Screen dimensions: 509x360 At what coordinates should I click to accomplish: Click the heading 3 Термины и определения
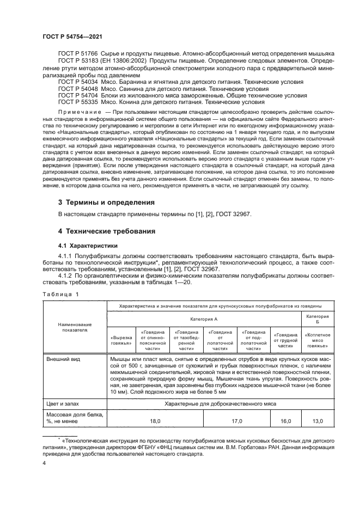107,202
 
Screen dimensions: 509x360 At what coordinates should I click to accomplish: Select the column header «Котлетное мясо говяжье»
316,341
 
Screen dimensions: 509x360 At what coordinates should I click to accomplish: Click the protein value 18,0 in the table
155,421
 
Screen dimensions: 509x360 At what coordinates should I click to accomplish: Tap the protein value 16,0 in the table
286,421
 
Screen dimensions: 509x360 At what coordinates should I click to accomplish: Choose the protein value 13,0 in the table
318,421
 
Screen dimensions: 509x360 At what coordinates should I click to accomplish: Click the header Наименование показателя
75,327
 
